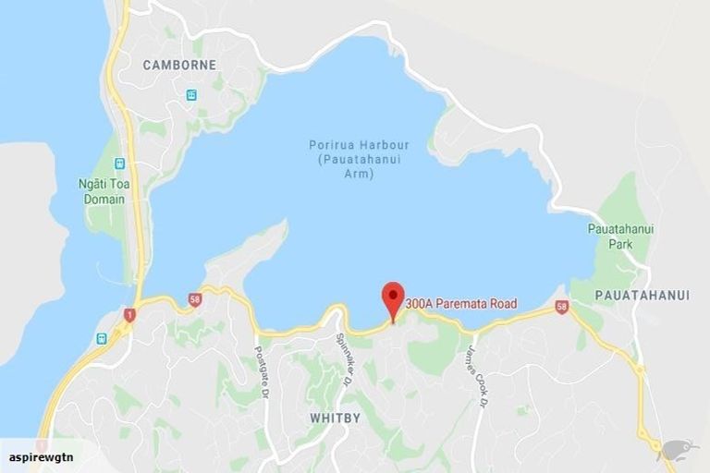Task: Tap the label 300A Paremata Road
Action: [460, 303]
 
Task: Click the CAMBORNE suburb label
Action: [179, 65]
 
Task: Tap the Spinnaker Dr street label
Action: [344, 358]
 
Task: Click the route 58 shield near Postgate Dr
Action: [194, 299]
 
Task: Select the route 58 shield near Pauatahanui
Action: [562, 307]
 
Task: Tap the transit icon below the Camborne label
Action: [191, 94]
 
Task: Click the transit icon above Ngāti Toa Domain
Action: [120, 163]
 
